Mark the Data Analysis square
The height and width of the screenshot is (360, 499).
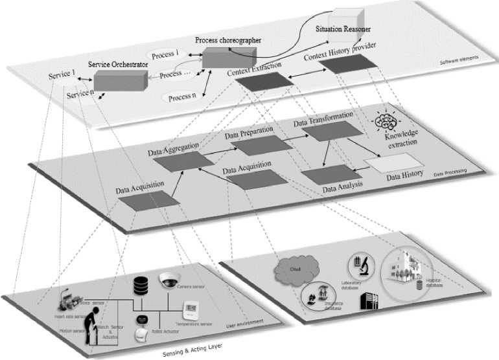point(325,174)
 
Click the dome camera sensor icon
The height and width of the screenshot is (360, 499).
point(167,280)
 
